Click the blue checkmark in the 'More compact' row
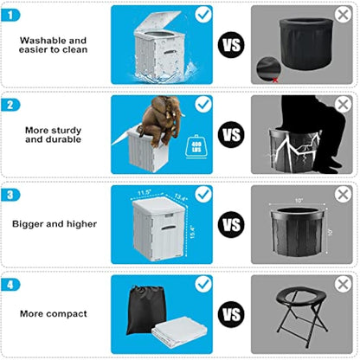(203, 283)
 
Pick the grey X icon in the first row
(343, 16)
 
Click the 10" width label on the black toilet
(297, 201)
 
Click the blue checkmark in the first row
(203, 15)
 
